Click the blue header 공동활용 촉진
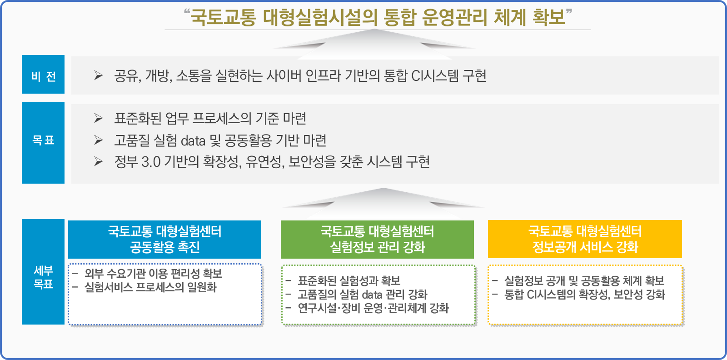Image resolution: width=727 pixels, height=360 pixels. click(x=164, y=240)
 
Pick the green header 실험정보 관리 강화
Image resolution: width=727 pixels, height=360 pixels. click(x=377, y=240)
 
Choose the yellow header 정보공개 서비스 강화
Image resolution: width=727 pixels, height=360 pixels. click(x=585, y=239)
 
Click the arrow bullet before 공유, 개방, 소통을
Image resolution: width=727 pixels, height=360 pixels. click(x=98, y=75)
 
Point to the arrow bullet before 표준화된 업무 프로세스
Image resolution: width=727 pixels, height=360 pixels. click(x=98, y=119)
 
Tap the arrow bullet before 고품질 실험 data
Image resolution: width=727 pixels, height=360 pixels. click(x=98, y=140)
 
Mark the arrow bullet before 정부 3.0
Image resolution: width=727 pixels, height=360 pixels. click(x=98, y=162)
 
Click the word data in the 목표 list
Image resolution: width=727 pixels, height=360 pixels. click(x=193, y=141)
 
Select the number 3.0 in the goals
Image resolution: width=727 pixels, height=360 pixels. click(x=151, y=162)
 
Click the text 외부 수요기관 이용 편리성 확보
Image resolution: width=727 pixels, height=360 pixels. click(x=153, y=274)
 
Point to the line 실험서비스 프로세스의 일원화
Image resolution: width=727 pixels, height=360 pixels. click(x=150, y=287)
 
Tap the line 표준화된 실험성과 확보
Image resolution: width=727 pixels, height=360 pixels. click(x=349, y=281)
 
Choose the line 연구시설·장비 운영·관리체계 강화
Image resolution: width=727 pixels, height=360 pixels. click(x=373, y=308)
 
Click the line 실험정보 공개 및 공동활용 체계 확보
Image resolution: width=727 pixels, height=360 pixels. click(x=584, y=281)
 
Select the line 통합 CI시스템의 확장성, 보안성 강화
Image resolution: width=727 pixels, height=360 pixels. click(x=584, y=295)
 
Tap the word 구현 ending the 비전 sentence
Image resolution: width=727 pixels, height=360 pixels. click(x=474, y=75)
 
